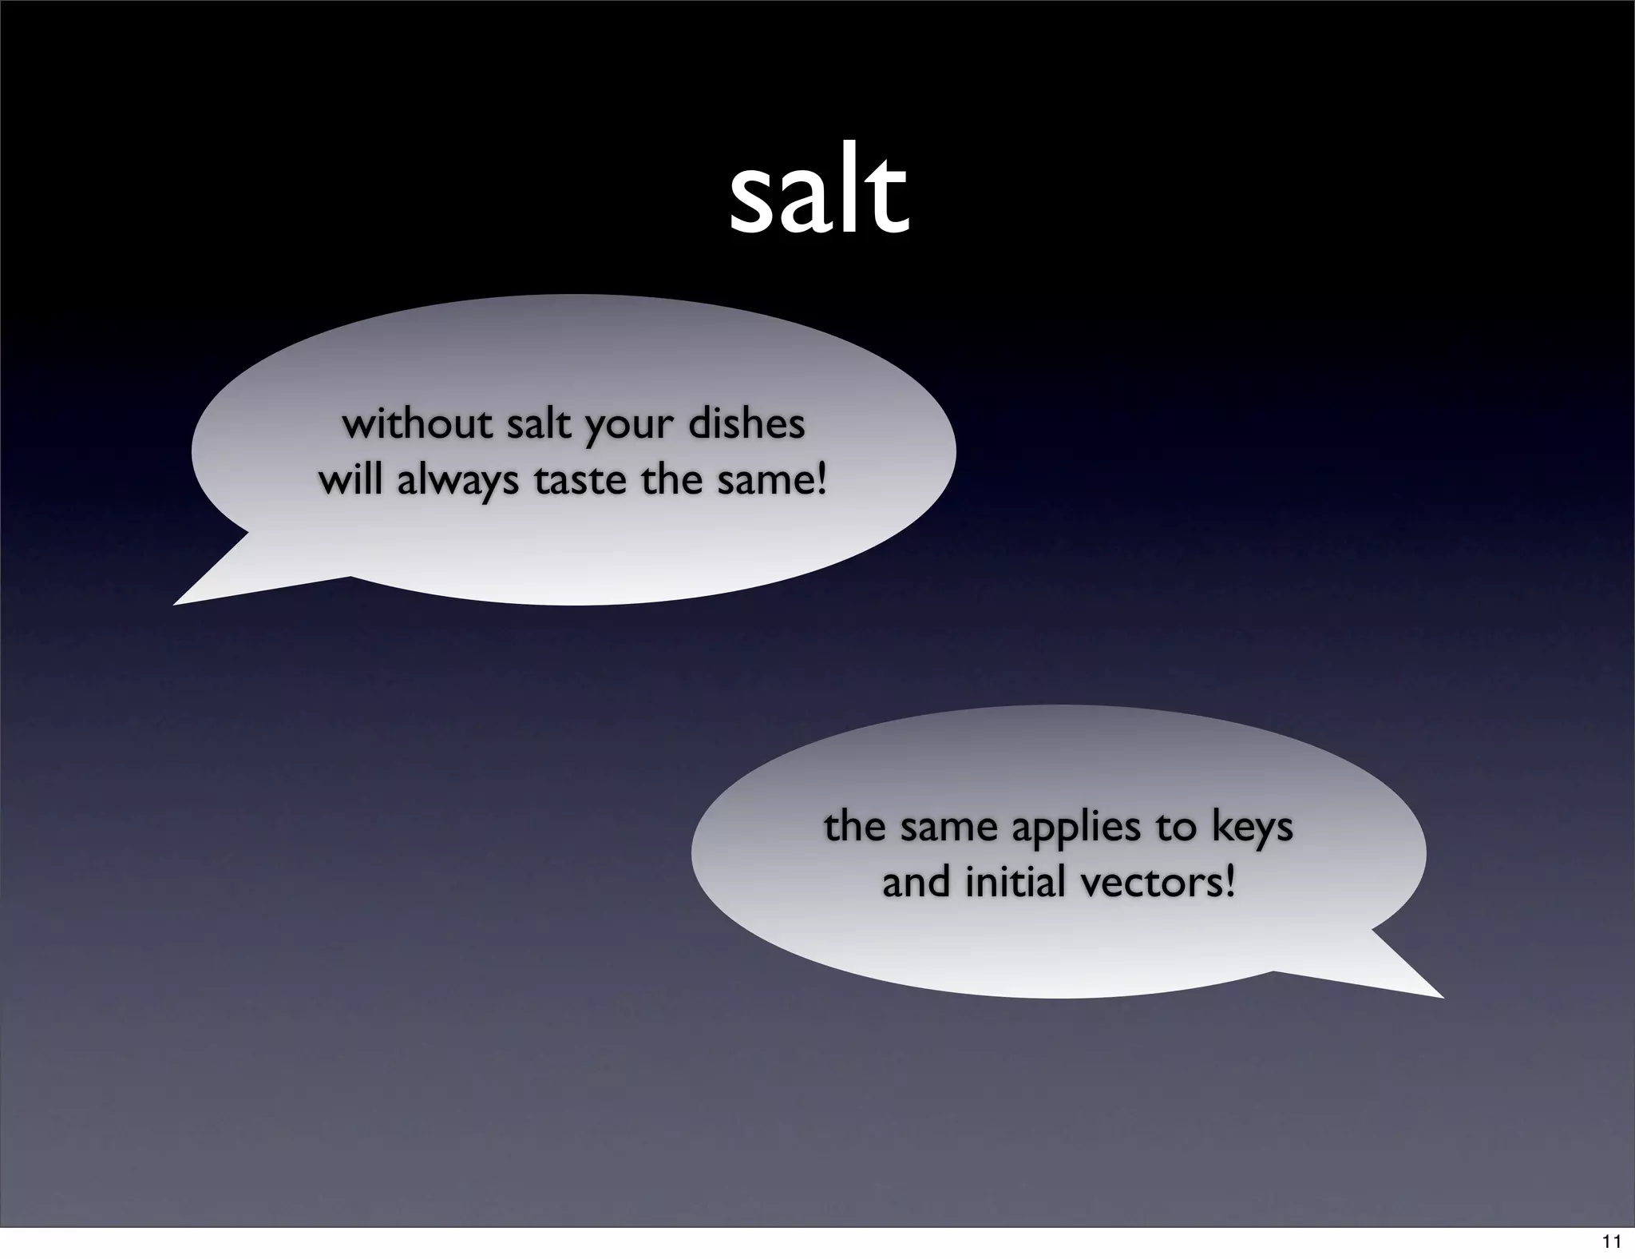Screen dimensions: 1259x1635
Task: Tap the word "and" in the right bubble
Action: coord(917,883)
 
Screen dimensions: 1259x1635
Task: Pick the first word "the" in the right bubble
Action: coord(856,827)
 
